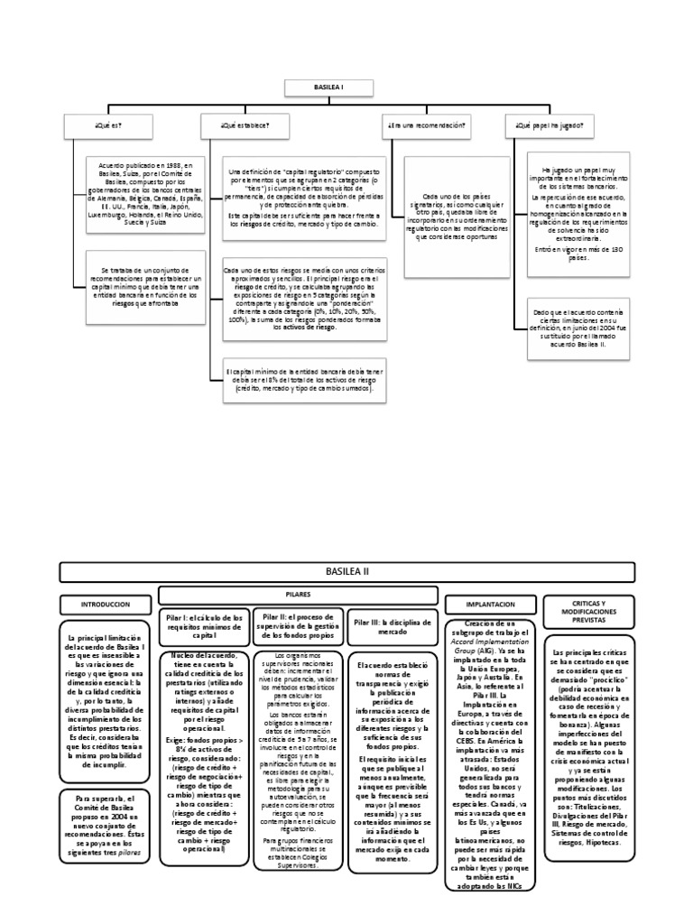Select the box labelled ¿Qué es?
click(x=108, y=127)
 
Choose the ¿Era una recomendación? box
click(x=426, y=127)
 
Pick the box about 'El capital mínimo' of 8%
click(x=304, y=380)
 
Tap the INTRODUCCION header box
click(x=106, y=604)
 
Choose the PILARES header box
click(x=298, y=595)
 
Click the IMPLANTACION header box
click(x=492, y=604)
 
